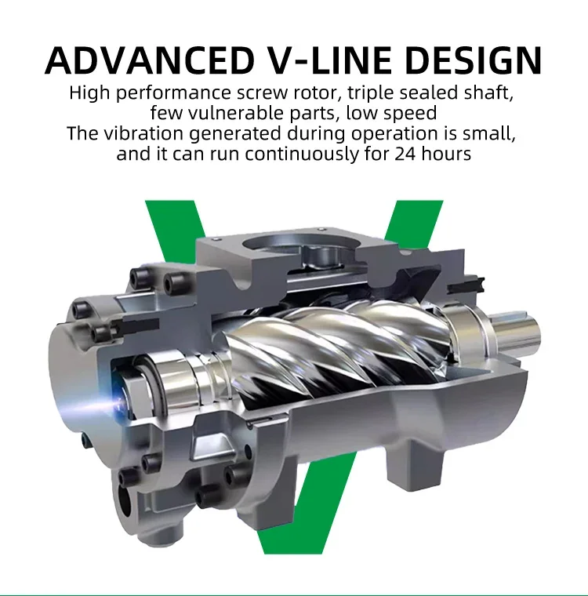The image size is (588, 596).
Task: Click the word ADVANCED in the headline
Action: pyautogui.click(x=150, y=60)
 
